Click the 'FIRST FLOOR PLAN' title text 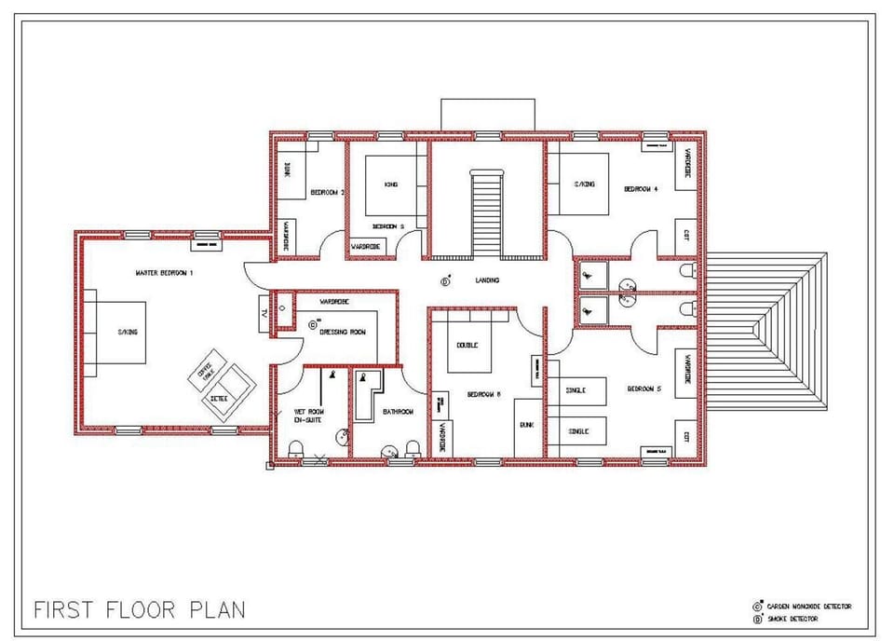(x=140, y=610)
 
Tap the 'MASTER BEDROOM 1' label (x=164, y=273)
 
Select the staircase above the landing (x=486, y=214)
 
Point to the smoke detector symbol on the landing (x=445, y=280)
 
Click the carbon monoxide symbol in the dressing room (x=313, y=325)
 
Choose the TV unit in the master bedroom (x=265, y=312)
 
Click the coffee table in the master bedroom (x=206, y=371)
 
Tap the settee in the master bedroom (x=227, y=392)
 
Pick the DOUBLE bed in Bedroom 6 (x=467, y=345)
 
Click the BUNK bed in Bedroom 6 (x=527, y=424)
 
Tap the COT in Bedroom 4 (x=685, y=236)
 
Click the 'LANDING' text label (x=486, y=280)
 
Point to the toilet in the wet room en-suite (x=296, y=449)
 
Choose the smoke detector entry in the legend (x=792, y=619)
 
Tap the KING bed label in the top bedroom (x=391, y=184)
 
